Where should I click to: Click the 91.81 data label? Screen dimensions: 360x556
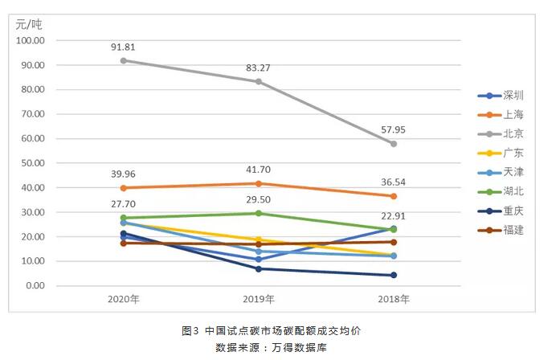pyautogui.click(x=123, y=47)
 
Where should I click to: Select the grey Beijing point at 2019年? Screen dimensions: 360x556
pyautogui.click(x=259, y=81)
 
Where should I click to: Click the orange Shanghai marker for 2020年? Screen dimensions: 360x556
pyautogui.click(x=123, y=188)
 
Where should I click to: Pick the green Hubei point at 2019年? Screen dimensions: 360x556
pyautogui.click(x=259, y=213)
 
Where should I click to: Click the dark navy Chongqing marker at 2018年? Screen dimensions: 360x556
pyautogui.click(x=394, y=275)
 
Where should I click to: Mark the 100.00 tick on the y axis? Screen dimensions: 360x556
pyautogui.click(x=30, y=40)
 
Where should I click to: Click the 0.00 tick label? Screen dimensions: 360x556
pyautogui.click(x=35, y=286)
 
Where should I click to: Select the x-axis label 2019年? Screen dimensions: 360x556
pyautogui.click(x=259, y=299)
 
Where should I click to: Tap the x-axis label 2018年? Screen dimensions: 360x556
pyautogui.click(x=394, y=299)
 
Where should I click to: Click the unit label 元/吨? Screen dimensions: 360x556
pyautogui.click(x=28, y=22)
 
